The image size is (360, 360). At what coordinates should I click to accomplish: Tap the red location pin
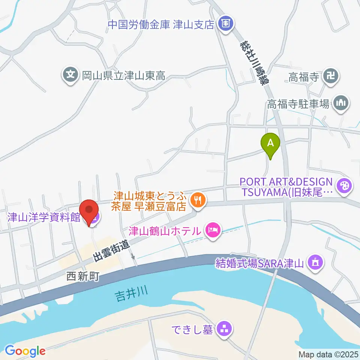tap(89, 211)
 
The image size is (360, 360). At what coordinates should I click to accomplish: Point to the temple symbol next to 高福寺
tap(331, 77)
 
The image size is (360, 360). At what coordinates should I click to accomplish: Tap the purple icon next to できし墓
tap(225, 330)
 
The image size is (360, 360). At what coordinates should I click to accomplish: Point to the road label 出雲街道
tap(112, 251)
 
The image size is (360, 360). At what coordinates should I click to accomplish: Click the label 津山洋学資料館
tap(44, 217)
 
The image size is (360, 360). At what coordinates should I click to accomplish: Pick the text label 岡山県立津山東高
tap(123, 76)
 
